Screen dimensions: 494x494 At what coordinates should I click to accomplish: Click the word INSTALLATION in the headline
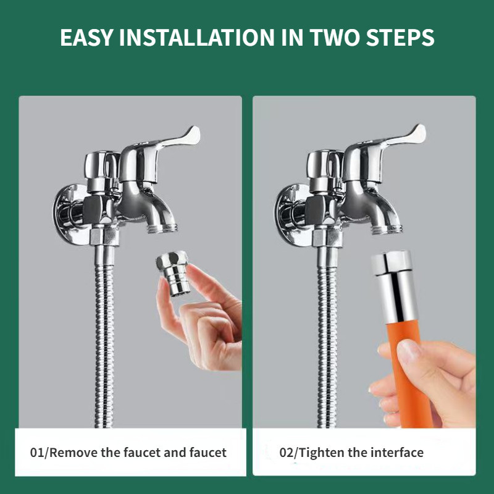pos(196,38)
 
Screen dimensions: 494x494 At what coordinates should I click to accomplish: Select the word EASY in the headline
pos(86,38)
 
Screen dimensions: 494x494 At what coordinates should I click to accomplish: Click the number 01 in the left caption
pos(38,453)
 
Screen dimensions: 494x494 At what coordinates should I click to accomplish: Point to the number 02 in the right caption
pos(287,453)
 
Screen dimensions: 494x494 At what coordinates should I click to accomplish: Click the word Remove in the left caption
pos(73,453)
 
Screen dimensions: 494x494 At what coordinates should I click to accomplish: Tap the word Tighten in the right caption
pos(321,453)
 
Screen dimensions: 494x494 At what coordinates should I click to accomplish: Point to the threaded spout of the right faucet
pos(387,227)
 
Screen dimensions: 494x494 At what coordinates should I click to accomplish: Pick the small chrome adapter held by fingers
pos(174,272)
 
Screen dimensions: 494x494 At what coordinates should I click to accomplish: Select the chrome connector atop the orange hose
pos(395,287)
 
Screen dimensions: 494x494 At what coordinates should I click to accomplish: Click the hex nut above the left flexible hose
pos(104,237)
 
